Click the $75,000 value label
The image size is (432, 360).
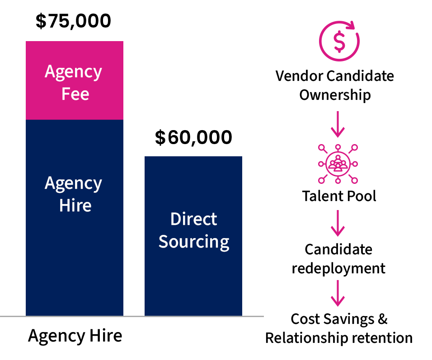[x=73, y=22]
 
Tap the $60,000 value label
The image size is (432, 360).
[x=193, y=137]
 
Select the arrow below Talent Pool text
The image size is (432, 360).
[x=338, y=224]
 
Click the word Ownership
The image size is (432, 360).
[x=335, y=95]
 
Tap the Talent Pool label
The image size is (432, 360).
[x=339, y=196]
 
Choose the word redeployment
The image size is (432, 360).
[x=338, y=268]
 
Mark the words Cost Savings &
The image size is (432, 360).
[x=339, y=319]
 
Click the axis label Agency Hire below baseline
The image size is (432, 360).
[x=75, y=336]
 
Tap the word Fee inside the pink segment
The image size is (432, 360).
[x=75, y=94]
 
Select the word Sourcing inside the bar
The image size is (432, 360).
[x=194, y=242]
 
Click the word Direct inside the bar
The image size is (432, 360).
[x=193, y=219]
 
